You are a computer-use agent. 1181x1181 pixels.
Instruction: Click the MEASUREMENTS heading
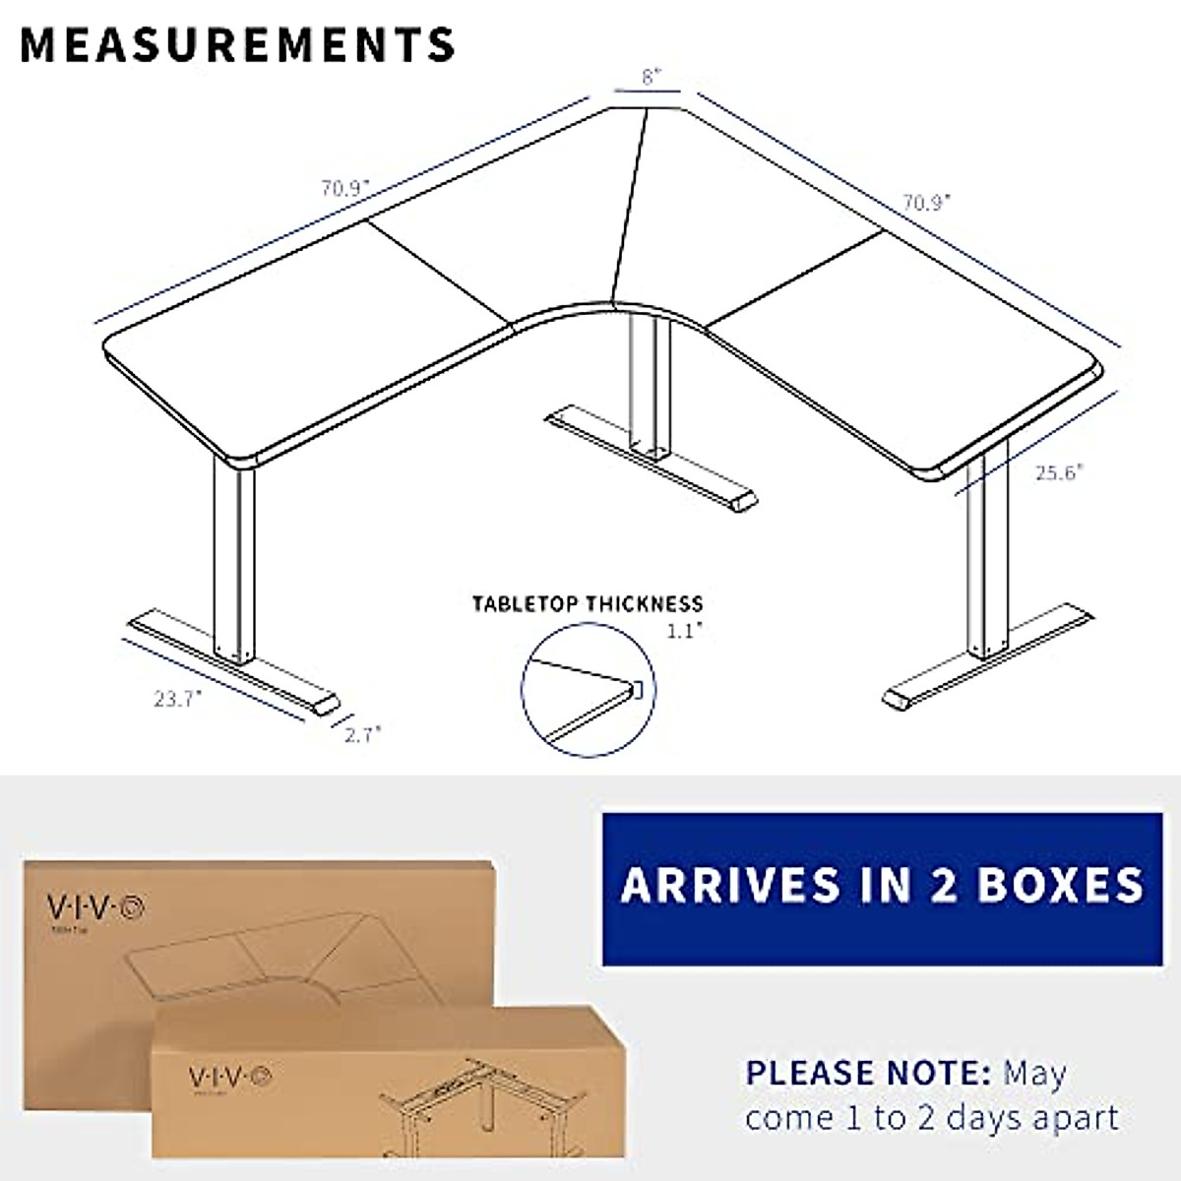point(237,44)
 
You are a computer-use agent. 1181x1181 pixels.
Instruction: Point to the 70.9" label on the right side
point(927,203)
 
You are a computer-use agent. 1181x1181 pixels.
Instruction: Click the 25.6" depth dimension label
point(1059,471)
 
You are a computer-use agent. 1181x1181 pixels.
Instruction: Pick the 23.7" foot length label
point(177,699)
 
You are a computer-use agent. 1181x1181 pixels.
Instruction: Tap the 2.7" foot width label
point(361,733)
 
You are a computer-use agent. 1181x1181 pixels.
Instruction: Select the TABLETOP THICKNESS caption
point(588,604)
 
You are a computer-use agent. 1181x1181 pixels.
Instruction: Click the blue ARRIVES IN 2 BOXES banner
point(881,887)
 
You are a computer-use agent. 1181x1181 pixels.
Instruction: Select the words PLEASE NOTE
point(867,1072)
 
